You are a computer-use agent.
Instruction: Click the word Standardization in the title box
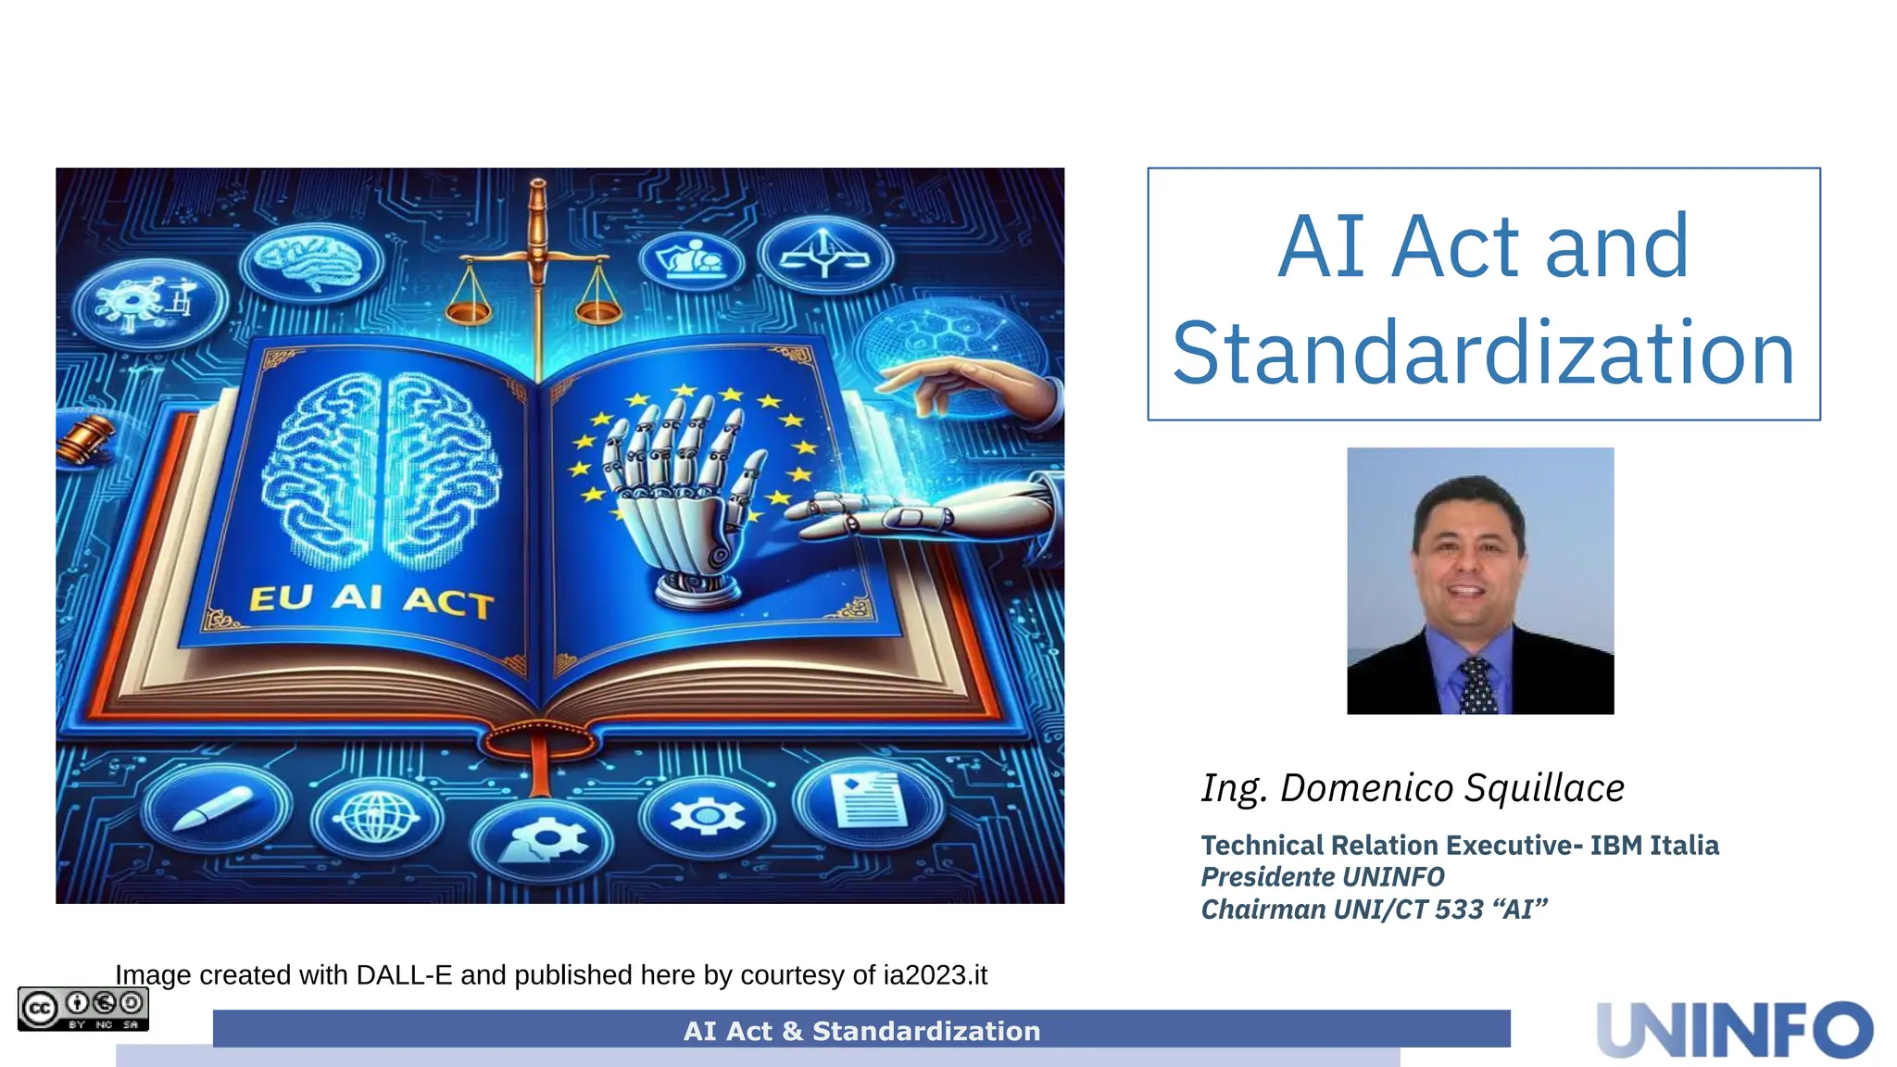click(1483, 354)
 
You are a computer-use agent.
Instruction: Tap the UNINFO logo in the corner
click(1734, 1029)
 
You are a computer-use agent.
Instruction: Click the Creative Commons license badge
click(83, 1009)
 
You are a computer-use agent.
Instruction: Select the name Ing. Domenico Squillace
click(1413, 788)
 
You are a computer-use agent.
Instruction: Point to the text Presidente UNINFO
click(1322, 877)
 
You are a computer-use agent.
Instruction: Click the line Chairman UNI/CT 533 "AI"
click(1374, 910)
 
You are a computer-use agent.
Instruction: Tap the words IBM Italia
click(1654, 846)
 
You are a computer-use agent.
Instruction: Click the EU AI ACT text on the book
click(371, 599)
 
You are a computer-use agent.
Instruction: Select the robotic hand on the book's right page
click(681, 491)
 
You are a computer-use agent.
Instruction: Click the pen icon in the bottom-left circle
click(213, 808)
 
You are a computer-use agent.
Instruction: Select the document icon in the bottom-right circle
click(867, 798)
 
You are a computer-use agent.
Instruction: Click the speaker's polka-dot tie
click(1476, 684)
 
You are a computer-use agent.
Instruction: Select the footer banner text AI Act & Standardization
click(861, 1031)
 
